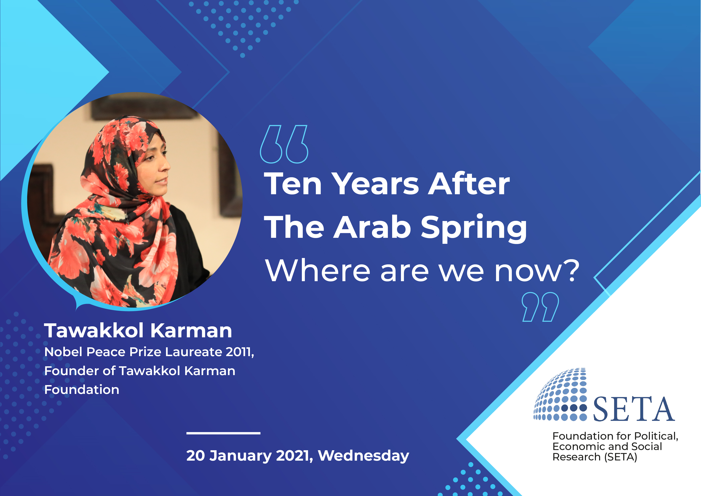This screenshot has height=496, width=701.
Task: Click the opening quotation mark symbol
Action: coord(284,144)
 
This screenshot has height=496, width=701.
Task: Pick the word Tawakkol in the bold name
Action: coord(94,331)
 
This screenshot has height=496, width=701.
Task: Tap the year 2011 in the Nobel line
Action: coord(239,352)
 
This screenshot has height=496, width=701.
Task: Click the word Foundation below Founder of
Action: coord(82,390)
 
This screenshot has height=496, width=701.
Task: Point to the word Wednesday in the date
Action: coord(363,456)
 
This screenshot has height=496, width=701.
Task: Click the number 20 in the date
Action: coord(195,455)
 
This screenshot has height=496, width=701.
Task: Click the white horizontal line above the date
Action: coord(223,433)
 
